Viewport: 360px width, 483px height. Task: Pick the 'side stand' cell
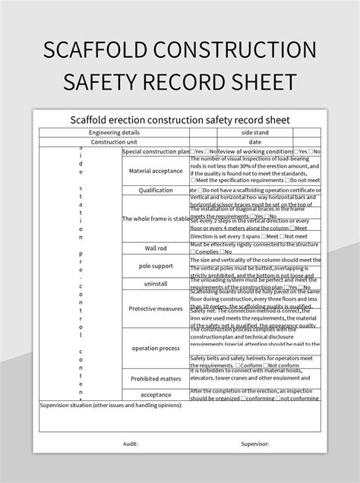tap(254, 131)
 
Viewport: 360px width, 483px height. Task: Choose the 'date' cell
tap(254, 141)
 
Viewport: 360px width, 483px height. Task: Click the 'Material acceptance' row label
tap(156, 171)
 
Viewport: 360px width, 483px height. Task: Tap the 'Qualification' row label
tap(156, 191)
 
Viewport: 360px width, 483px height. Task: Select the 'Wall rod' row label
tap(156, 248)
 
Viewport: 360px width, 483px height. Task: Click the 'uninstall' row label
tap(156, 283)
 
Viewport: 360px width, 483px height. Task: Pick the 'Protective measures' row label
tap(156, 309)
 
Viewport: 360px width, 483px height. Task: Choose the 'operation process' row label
tap(156, 348)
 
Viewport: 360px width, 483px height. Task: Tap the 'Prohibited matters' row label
tap(156, 378)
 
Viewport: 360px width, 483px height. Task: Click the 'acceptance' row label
tap(156, 395)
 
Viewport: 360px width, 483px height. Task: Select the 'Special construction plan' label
tap(156, 152)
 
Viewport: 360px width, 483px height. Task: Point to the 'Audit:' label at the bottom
tap(130, 444)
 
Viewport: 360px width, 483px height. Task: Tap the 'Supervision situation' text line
tap(111, 406)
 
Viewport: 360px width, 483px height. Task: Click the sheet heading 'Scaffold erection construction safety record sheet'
tap(180, 119)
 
